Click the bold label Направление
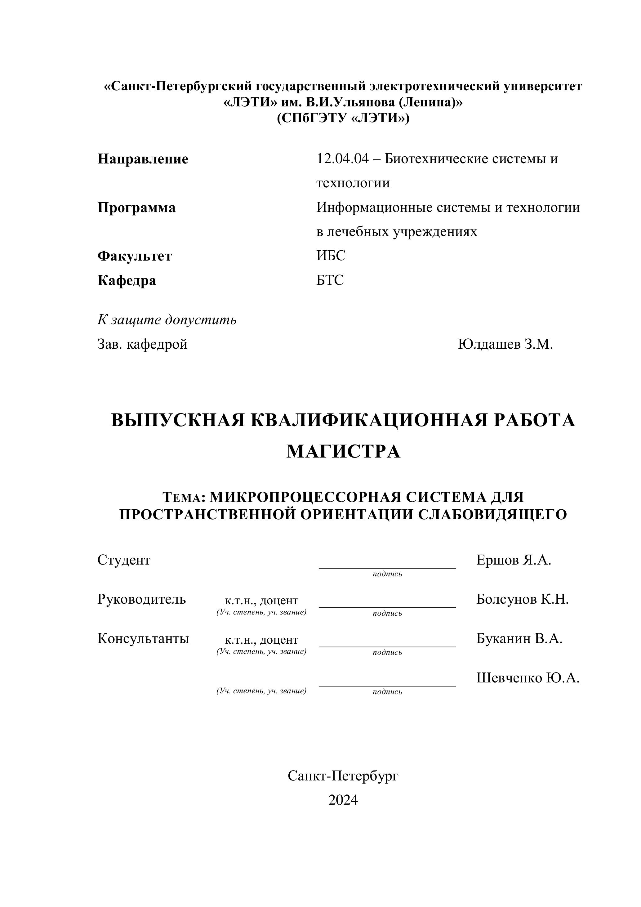(x=143, y=159)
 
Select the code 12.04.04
(x=342, y=159)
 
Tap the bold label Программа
(x=136, y=208)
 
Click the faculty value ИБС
(x=331, y=256)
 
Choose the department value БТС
(x=330, y=280)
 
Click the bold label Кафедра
(x=127, y=281)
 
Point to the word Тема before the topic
(x=182, y=497)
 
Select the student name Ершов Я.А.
(x=514, y=560)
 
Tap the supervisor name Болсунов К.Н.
(x=522, y=599)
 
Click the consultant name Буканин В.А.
(x=519, y=638)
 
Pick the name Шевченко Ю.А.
(x=527, y=678)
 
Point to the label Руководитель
(x=141, y=599)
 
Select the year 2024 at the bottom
(x=343, y=800)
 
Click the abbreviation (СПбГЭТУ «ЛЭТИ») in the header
(x=343, y=118)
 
